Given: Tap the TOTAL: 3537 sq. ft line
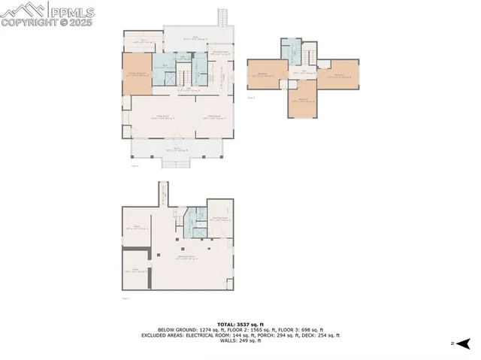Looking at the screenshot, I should click(240, 324).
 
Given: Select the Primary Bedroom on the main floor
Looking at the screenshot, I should click(137, 74).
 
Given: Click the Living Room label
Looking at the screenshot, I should click(162, 116).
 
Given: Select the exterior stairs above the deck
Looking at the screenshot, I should click(222, 16).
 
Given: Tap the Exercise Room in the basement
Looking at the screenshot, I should click(220, 219).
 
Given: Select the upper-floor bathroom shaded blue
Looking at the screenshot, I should click(290, 51).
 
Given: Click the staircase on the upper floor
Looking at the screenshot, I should click(309, 55).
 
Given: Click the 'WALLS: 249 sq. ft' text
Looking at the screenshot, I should click(240, 341).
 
